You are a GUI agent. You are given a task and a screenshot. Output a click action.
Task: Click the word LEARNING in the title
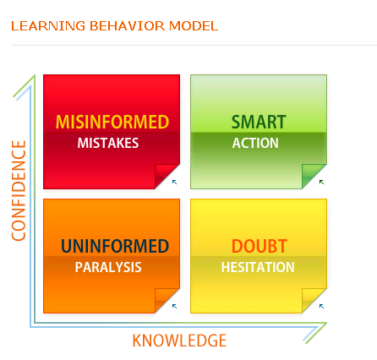tap(48, 26)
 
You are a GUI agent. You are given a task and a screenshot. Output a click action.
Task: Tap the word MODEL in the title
tap(194, 26)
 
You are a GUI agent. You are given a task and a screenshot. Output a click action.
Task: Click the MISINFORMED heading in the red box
tap(112, 122)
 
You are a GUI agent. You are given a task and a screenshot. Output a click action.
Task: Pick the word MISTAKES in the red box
tap(108, 143)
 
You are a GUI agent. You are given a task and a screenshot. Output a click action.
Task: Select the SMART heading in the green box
tap(259, 122)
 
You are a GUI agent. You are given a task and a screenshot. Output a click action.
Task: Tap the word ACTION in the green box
tap(255, 143)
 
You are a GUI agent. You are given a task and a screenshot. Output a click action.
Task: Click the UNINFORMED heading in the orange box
tap(115, 246)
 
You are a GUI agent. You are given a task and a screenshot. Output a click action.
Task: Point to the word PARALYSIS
tap(108, 267)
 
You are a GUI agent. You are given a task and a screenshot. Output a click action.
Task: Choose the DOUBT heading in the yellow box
tap(260, 246)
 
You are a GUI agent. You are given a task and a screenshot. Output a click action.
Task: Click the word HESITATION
tap(258, 267)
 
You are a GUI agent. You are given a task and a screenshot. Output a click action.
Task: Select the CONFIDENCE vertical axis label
tap(19, 190)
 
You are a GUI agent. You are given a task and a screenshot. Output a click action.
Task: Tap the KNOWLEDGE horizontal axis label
tap(179, 341)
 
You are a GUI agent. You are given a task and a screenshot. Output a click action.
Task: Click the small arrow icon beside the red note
tap(174, 183)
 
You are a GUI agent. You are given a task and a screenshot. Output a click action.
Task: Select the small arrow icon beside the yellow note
tap(321, 307)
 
